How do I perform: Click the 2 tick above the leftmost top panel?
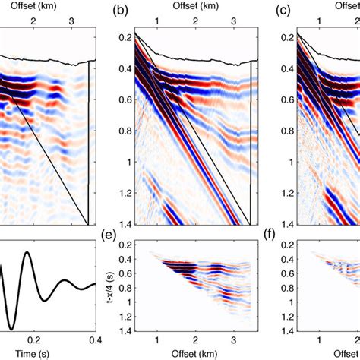click(x=33, y=22)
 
